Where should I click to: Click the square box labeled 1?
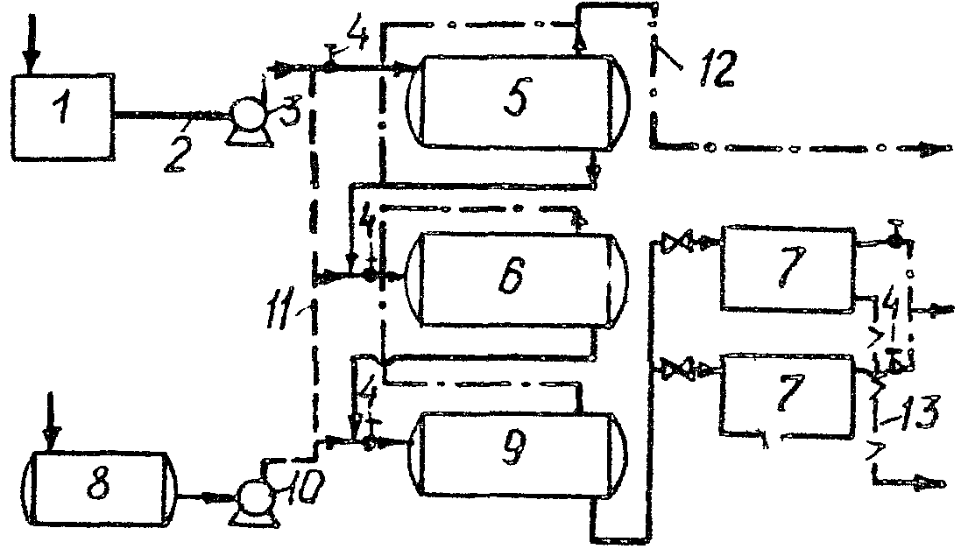pos(60,116)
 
